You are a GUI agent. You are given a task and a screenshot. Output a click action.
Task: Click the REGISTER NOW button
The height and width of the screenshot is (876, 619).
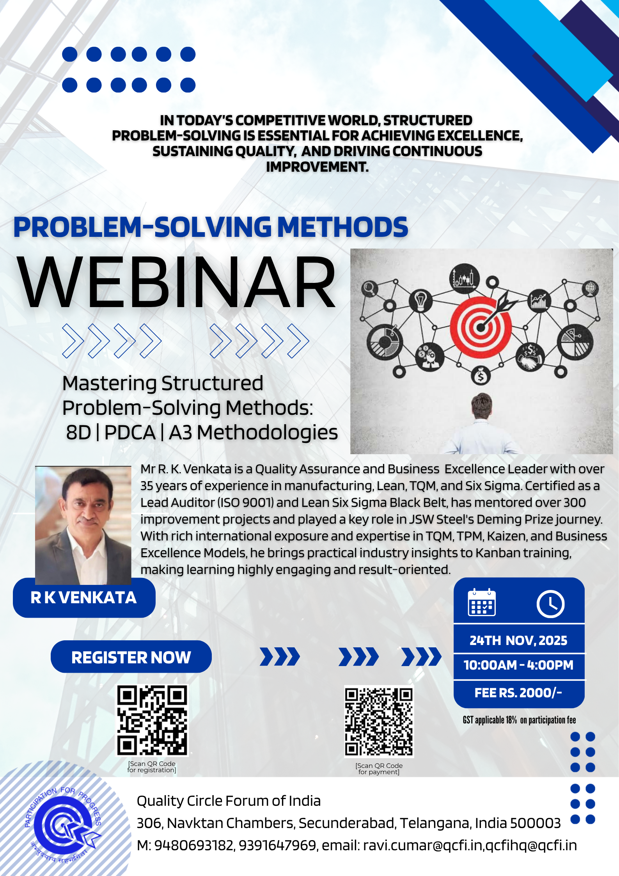coord(131,657)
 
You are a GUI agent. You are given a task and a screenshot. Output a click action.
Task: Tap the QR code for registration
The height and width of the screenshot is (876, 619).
coord(152,720)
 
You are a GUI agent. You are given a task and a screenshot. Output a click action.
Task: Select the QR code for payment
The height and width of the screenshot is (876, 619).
coord(379,722)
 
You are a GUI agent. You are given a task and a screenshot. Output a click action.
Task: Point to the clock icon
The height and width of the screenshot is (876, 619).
coord(550,604)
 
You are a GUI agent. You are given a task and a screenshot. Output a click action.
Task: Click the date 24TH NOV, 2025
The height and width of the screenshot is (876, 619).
coord(518,640)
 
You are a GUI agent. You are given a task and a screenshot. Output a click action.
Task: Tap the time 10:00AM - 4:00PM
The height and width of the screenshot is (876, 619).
coord(518,665)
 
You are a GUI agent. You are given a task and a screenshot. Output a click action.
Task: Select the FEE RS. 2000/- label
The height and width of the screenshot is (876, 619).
coord(518,693)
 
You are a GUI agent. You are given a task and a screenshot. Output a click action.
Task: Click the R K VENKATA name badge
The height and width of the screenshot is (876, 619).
coord(84,598)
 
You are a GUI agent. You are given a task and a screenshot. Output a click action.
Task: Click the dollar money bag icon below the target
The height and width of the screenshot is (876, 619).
coord(481,376)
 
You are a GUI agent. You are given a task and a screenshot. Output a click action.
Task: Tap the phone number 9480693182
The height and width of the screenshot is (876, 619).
coord(194,845)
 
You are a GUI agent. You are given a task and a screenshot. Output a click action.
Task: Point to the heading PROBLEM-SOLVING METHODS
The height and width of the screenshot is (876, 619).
coord(211,227)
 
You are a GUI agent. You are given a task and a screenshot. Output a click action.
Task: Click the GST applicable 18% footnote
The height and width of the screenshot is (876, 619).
coord(519,720)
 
